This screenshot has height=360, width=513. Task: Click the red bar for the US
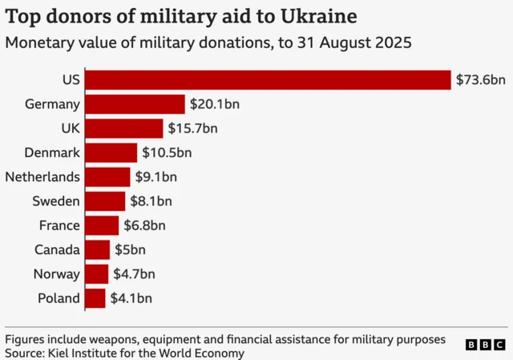pos(268,80)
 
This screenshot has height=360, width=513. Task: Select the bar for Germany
pos(135,104)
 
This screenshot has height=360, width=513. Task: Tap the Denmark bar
pos(111,153)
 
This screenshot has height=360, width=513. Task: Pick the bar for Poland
pos(95,298)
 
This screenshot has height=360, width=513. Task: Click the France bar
pos(102,225)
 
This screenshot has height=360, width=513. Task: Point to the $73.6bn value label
pos(480,80)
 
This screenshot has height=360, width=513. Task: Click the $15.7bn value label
pos(192,128)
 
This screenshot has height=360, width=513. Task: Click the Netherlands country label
pos(42,177)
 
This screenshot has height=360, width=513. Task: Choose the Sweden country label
pos(56,201)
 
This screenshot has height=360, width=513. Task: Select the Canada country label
pos(57,250)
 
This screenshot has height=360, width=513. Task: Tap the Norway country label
pos(57,274)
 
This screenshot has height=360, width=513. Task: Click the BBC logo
pos(485,344)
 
